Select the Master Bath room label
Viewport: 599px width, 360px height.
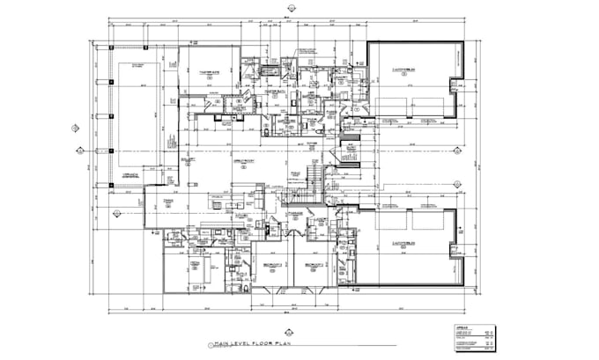[272, 92]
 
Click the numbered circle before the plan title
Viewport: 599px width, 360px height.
[210, 347]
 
